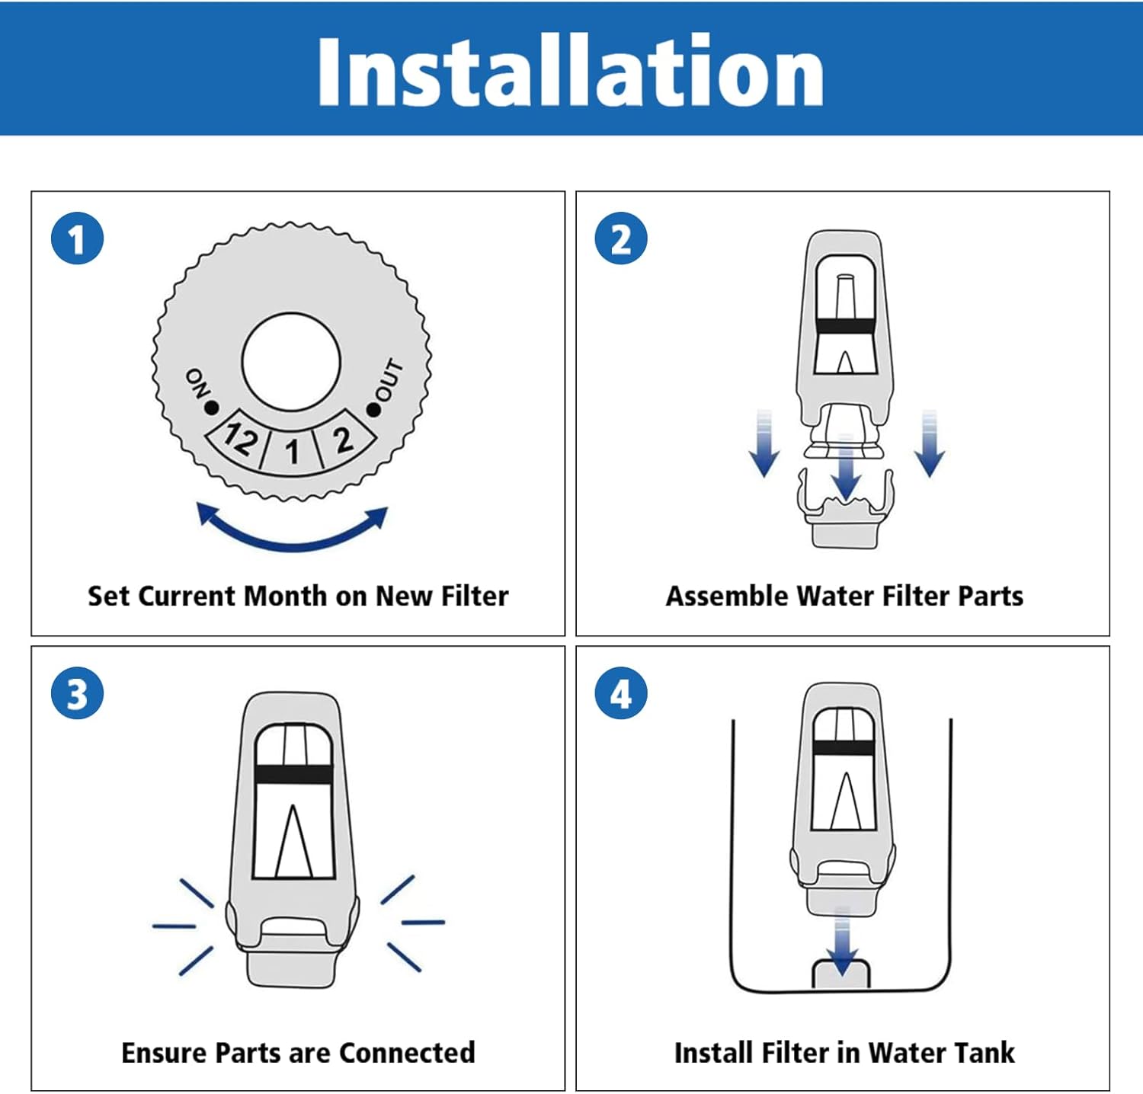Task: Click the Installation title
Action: coord(570,71)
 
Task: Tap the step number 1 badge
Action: coord(77,238)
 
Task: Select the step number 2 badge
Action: coord(621,238)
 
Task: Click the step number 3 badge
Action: coord(77,693)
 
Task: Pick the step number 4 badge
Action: coord(621,693)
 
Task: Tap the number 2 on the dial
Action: coord(343,440)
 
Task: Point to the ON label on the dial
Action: coord(197,384)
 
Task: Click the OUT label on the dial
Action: coord(389,379)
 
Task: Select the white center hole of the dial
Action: coord(291,362)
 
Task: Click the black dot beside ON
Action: coord(211,408)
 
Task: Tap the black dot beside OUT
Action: coord(373,410)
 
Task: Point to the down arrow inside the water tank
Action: coord(841,942)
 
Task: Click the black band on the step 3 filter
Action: coord(293,775)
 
